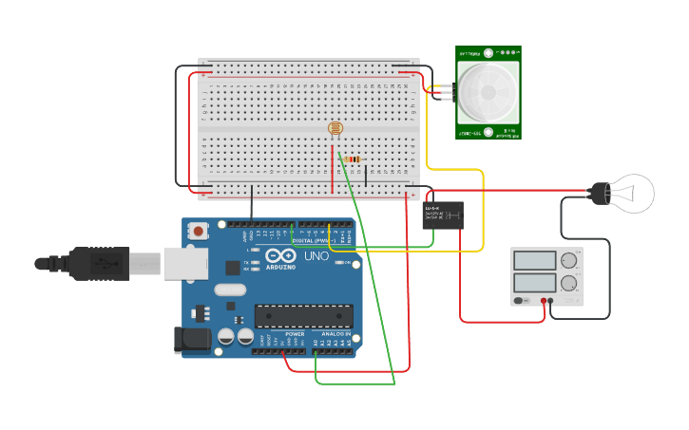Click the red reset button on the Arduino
point(198,231)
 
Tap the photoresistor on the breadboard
point(335,128)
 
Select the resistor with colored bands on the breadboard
point(353,159)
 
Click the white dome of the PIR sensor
point(488,92)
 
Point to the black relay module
point(443,215)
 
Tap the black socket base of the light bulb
point(600,194)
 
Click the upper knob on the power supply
point(569,261)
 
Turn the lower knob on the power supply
point(569,283)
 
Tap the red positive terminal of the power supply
point(545,301)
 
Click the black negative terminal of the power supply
point(551,301)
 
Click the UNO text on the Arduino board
point(316,256)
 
